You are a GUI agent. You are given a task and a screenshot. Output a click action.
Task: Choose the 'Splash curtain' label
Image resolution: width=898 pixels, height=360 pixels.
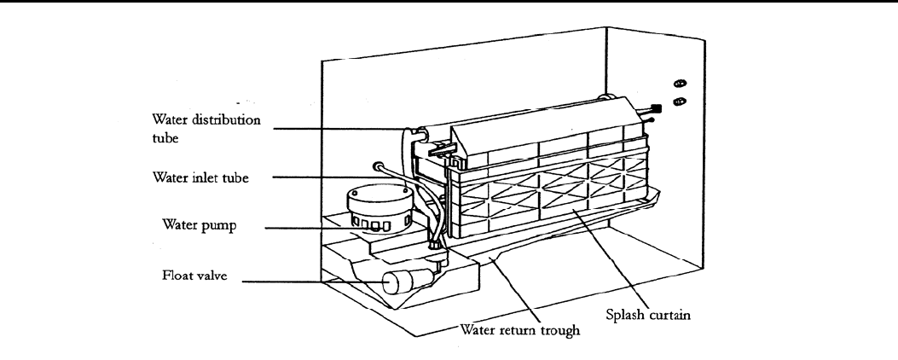649,313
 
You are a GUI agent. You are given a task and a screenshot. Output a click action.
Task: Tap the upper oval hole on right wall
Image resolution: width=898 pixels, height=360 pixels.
681,84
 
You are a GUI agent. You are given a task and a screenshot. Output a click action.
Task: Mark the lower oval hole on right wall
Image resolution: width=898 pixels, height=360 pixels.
681,102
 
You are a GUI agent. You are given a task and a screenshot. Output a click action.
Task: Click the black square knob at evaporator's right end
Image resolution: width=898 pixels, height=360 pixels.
657,109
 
